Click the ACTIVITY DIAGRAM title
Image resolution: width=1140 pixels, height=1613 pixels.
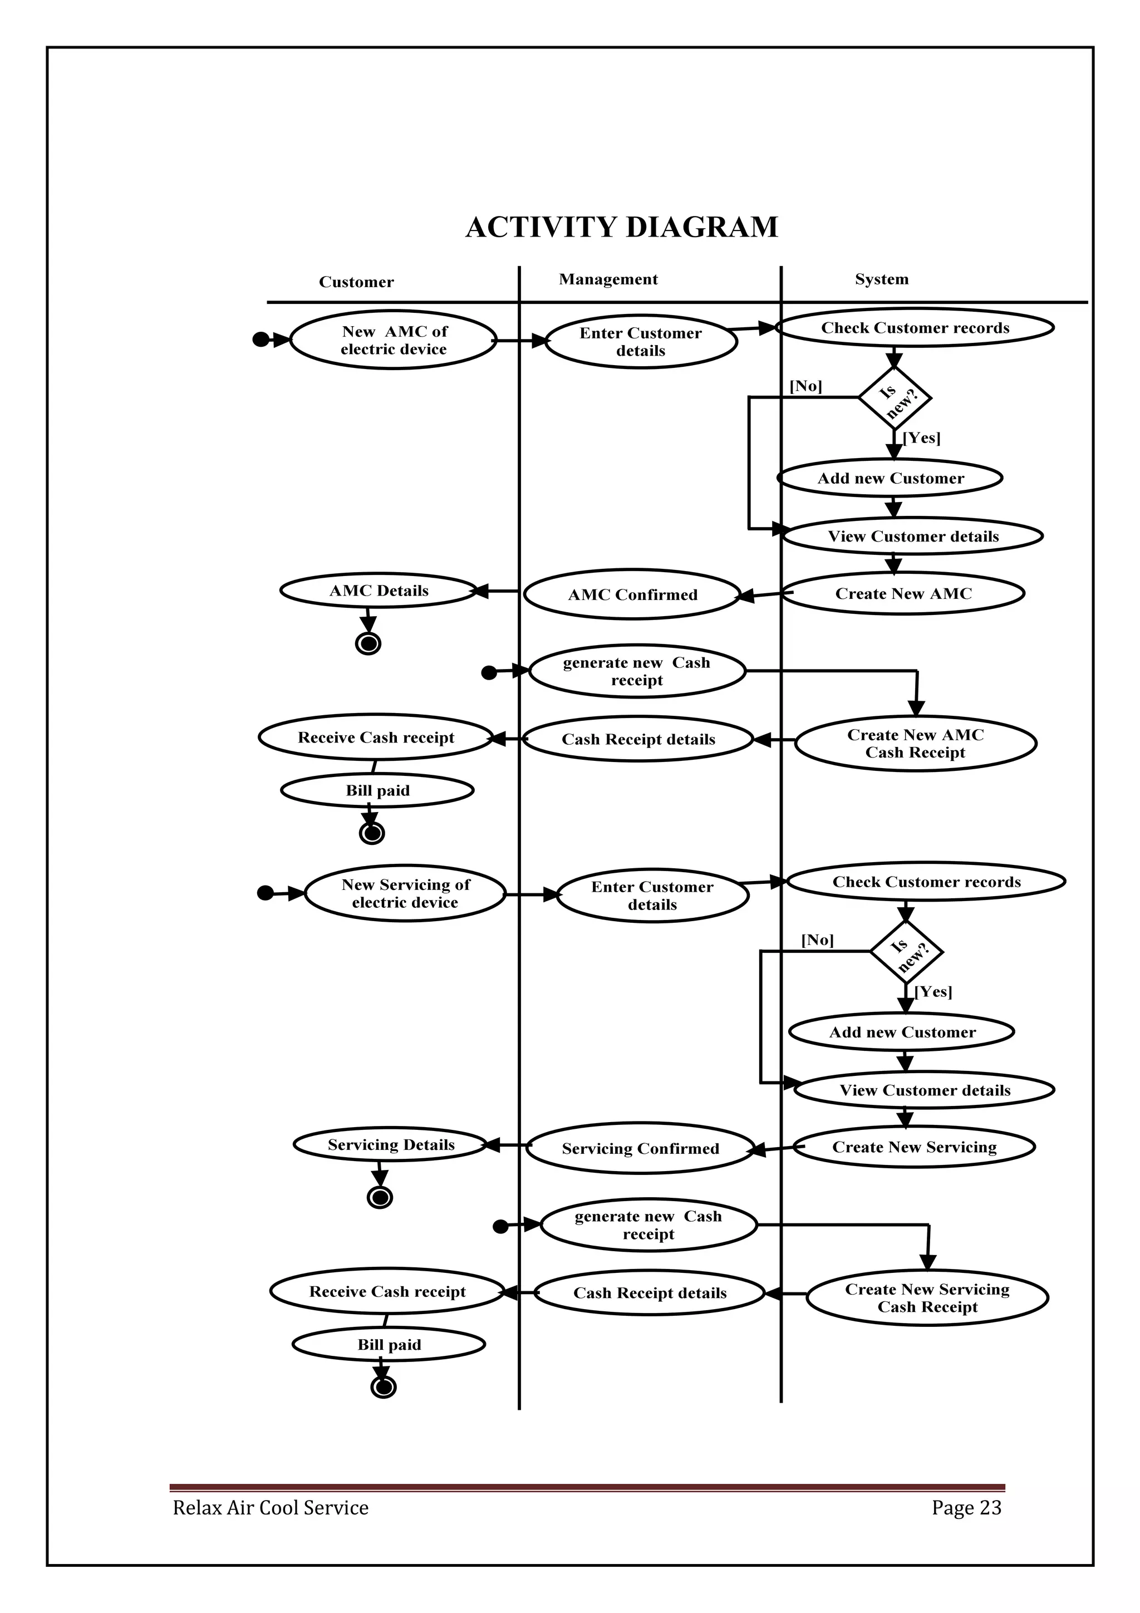coord(622,228)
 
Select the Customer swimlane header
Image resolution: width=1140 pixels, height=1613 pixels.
coord(356,282)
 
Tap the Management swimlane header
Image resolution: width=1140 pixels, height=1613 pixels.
coord(608,279)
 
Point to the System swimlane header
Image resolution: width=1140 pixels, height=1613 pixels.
coord(882,279)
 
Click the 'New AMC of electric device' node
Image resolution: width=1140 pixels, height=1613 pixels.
coord(394,340)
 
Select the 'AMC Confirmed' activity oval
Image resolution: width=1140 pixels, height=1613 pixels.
coord(632,595)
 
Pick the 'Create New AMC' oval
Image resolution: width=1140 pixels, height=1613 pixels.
coord(903,594)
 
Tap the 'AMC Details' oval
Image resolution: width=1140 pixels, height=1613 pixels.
coord(379,591)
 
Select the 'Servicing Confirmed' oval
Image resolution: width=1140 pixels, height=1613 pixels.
coord(640,1149)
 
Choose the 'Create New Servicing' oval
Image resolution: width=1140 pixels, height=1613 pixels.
coord(914,1147)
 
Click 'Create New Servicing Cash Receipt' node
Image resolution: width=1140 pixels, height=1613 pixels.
coord(927,1299)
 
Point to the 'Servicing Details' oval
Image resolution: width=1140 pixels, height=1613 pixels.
coord(391,1145)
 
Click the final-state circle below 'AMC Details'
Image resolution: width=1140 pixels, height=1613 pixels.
coord(368,643)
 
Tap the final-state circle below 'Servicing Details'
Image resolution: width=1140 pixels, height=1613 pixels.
coord(380,1197)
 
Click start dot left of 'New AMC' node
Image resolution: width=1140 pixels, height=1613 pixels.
coord(261,340)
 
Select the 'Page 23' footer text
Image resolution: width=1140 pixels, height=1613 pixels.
coord(966,1508)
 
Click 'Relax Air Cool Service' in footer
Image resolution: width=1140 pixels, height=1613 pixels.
coord(271,1508)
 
